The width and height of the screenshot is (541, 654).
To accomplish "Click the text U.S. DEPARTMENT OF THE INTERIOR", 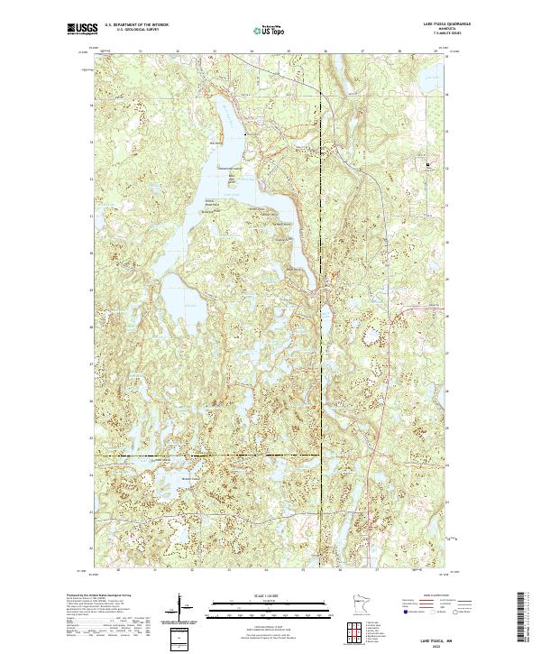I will (x=135, y=25).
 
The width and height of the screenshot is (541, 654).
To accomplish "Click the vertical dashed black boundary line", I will (x=324, y=271).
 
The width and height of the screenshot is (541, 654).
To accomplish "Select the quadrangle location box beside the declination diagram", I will (x=178, y=636).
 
